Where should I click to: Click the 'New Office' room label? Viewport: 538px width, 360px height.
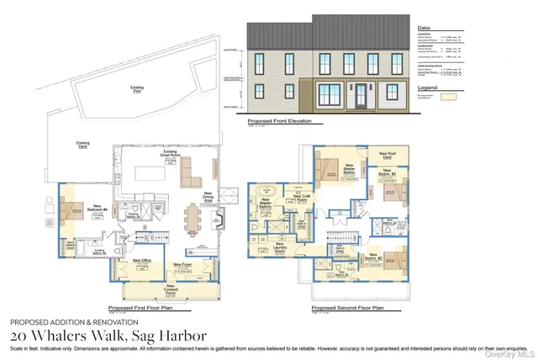point(141,262)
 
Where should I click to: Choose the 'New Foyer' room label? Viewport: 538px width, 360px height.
point(182,265)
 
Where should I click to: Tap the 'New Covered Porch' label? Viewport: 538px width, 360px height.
point(171,290)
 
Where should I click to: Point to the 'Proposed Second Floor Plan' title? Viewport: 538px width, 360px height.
point(346,308)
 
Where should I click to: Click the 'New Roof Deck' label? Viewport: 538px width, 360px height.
point(390,156)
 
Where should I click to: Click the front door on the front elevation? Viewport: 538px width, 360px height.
point(361,94)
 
